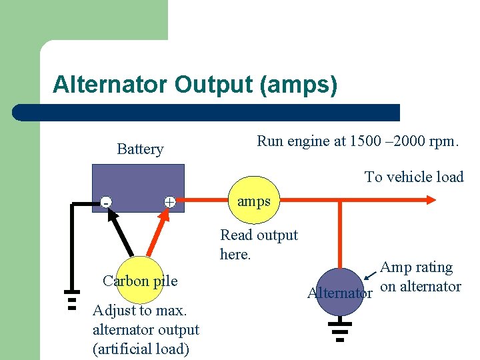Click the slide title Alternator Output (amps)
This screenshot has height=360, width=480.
point(195,85)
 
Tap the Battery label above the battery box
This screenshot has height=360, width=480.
point(140,149)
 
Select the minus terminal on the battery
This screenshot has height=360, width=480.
point(105,202)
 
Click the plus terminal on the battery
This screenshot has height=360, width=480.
point(170,202)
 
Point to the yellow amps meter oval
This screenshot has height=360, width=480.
point(253,201)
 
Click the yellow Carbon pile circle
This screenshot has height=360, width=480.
point(140,280)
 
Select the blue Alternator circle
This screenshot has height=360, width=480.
point(339,291)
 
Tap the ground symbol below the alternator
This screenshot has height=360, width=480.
point(339,331)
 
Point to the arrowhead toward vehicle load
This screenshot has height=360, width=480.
point(430,199)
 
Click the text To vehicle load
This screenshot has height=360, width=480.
point(413,177)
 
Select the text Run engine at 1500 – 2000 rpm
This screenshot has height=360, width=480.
point(358,141)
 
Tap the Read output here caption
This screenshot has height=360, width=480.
point(259,244)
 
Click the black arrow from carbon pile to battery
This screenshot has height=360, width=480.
point(123,233)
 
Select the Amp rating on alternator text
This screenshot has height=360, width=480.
point(420,277)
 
